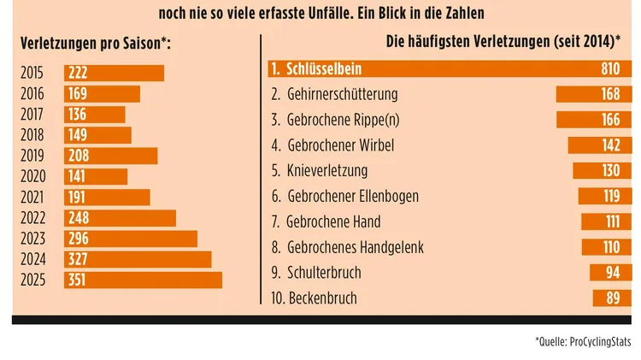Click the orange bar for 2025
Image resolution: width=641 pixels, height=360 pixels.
[143, 280]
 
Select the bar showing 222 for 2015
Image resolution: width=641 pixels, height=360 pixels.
[114, 74]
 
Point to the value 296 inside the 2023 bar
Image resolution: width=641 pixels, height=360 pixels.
[79, 239]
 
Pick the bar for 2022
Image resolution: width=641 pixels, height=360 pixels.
[120, 218]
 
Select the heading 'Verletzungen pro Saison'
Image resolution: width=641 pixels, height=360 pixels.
[95, 44]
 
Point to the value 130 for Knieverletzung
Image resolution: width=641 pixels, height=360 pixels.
[611, 171]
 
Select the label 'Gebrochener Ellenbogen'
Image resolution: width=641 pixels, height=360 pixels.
[353, 196]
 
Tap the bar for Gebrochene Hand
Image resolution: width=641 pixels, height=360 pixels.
[606, 222]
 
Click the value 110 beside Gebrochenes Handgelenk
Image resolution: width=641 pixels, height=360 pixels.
[611, 247]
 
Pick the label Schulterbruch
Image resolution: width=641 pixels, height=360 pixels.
[326, 273]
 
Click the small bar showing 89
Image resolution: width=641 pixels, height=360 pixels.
[612, 298]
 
